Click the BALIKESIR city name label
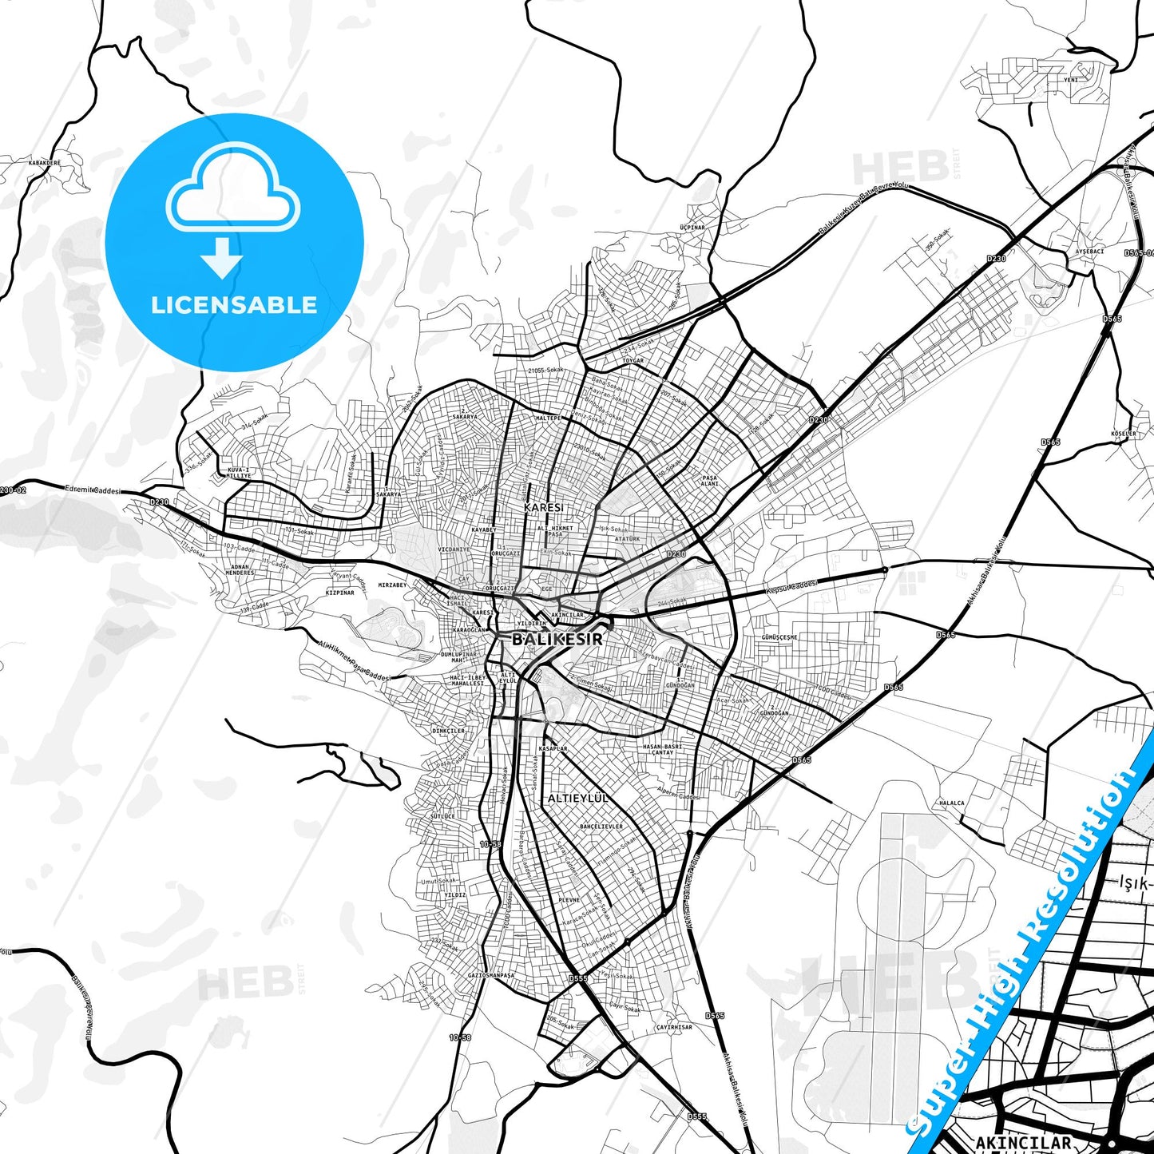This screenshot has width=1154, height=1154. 557,639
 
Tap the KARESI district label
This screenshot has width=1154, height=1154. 543,507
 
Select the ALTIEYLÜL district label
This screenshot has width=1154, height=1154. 578,798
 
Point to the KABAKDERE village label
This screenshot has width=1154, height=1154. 44,162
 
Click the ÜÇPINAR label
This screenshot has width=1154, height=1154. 692,228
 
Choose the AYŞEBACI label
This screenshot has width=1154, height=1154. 1089,252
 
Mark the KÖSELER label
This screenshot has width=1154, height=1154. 1123,434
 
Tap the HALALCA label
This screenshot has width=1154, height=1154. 951,803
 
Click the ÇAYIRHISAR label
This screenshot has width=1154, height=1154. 674,1027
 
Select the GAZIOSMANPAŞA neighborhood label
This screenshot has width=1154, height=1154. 490,975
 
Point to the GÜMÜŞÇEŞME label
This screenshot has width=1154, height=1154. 779,637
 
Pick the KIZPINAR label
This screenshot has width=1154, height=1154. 340,593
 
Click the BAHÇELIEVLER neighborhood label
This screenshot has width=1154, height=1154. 601,827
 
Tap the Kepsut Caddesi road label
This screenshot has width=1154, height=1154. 792,587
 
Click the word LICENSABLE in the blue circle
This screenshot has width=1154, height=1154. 234,305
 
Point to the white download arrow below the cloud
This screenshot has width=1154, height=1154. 222,257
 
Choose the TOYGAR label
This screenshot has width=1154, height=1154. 633,361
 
